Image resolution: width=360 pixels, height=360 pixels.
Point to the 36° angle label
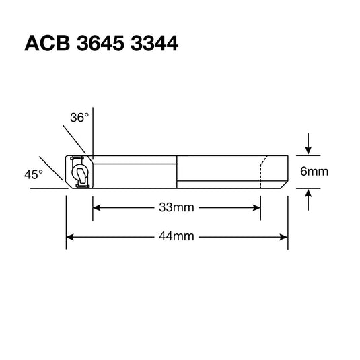(x=79, y=118)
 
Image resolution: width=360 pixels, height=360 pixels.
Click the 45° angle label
(x=34, y=174)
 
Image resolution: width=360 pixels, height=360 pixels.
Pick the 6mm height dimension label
(x=314, y=172)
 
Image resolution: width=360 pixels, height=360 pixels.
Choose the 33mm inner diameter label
(x=176, y=207)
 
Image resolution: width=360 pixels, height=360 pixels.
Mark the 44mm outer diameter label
(x=176, y=236)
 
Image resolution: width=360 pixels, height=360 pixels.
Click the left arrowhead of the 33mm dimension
(x=96, y=207)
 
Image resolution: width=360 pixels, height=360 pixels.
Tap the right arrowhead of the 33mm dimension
(x=256, y=207)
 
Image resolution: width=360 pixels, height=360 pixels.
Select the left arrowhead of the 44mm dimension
(x=70, y=236)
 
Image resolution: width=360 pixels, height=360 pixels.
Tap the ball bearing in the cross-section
(x=79, y=172)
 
